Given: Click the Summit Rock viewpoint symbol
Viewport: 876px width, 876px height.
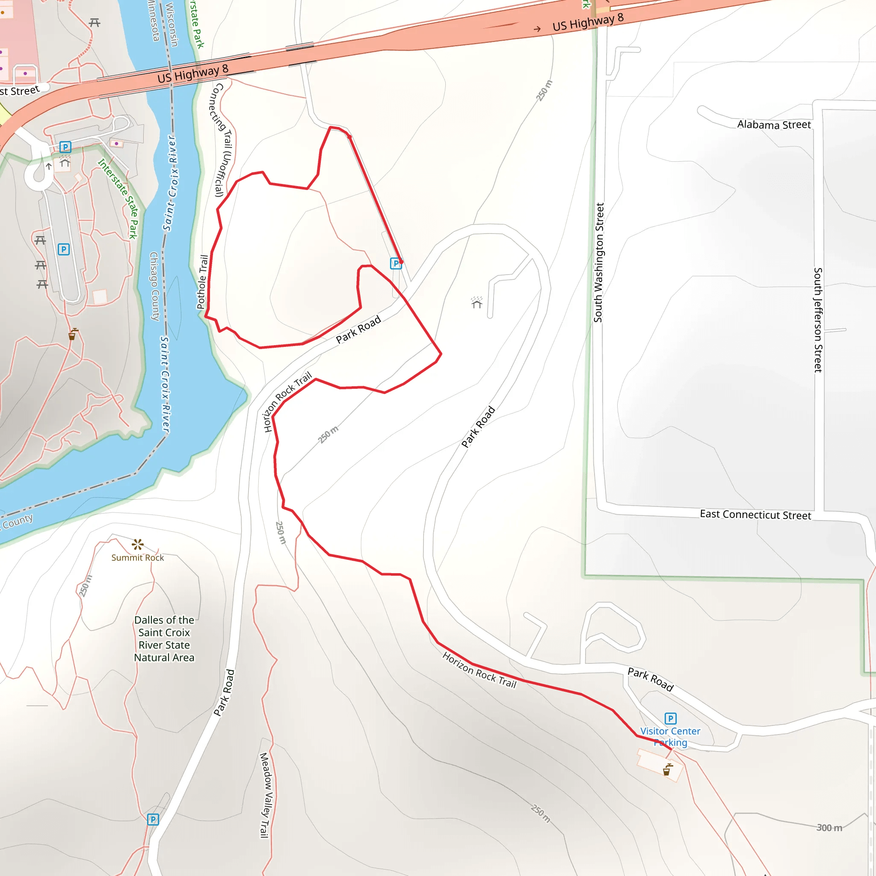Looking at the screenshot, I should [137, 544].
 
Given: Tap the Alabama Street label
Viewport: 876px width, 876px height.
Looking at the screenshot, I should [773, 125].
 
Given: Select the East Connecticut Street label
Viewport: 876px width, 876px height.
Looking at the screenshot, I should [755, 515].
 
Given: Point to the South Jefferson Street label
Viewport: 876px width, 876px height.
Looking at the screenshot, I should [817, 320].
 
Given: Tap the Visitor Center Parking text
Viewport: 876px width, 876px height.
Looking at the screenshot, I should [670, 737].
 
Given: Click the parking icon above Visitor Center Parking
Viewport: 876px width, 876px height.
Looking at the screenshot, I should [670, 719].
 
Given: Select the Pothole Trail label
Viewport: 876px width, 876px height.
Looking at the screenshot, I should [203, 282].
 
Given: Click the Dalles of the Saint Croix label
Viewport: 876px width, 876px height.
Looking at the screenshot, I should [164, 639].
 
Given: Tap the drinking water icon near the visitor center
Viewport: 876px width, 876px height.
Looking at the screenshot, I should [667, 770].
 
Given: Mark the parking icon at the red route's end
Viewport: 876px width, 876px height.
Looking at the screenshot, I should [395, 263].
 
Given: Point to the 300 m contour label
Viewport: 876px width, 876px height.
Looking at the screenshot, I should [829, 828].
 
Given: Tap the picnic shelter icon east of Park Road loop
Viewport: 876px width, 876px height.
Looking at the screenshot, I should [476, 302].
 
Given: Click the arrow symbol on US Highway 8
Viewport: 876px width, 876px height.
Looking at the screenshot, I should [537, 29].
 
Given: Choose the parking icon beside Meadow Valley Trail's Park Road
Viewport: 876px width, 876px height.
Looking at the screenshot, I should [153, 819].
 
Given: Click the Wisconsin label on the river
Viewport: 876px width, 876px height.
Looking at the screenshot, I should [172, 24].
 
